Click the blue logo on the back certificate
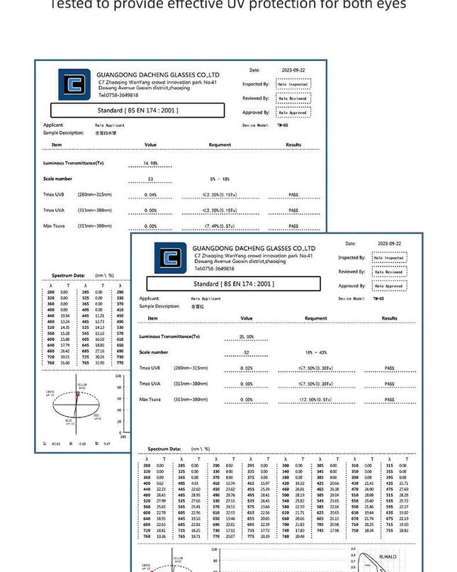click(74, 84)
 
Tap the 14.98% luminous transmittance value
click(149, 163)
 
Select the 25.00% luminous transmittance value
click(246, 337)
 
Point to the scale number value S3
click(150, 179)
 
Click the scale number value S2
click(246, 352)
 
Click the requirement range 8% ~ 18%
click(220, 179)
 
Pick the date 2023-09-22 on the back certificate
click(293, 70)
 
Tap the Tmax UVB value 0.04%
click(150, 194)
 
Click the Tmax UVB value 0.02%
click(246, 368)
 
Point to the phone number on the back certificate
click(118, 95)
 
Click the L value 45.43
click(56, 444)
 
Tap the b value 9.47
click(106, 444)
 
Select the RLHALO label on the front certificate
click(388, 557)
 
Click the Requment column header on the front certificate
click(315, 318)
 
